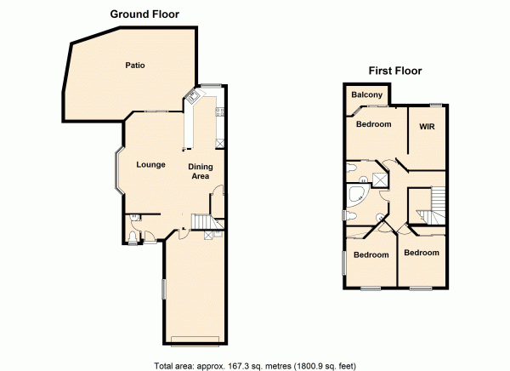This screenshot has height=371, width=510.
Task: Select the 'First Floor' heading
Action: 394,71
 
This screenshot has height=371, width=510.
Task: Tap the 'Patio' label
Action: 134,66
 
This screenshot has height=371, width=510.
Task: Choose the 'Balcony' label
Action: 366,94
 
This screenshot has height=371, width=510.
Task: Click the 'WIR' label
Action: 427,127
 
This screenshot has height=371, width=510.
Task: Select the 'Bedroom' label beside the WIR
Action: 373,124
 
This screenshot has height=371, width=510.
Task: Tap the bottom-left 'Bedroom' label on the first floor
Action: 371,255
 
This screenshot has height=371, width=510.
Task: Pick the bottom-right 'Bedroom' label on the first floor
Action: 422,253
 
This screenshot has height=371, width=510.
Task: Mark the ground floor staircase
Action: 202,223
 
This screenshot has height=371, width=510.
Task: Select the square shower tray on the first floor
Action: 379,179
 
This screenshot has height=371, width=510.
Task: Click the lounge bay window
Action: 111,168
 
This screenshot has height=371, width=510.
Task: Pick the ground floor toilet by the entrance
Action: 133,225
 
